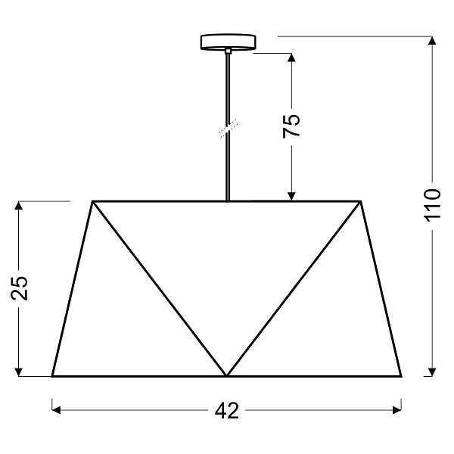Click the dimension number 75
[x=292, y=125]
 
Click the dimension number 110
[x=431, y=205]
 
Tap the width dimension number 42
[x=226, y=411]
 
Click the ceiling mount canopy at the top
[x=227, y=42]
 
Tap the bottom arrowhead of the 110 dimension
[x=431, y=371]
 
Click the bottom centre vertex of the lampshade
[x=227, y=375]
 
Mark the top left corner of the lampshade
[x=93, y=201]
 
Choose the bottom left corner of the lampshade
[x=52, y=376]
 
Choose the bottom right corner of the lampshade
[x=401, y=376]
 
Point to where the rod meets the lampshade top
[x=227, y=201]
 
